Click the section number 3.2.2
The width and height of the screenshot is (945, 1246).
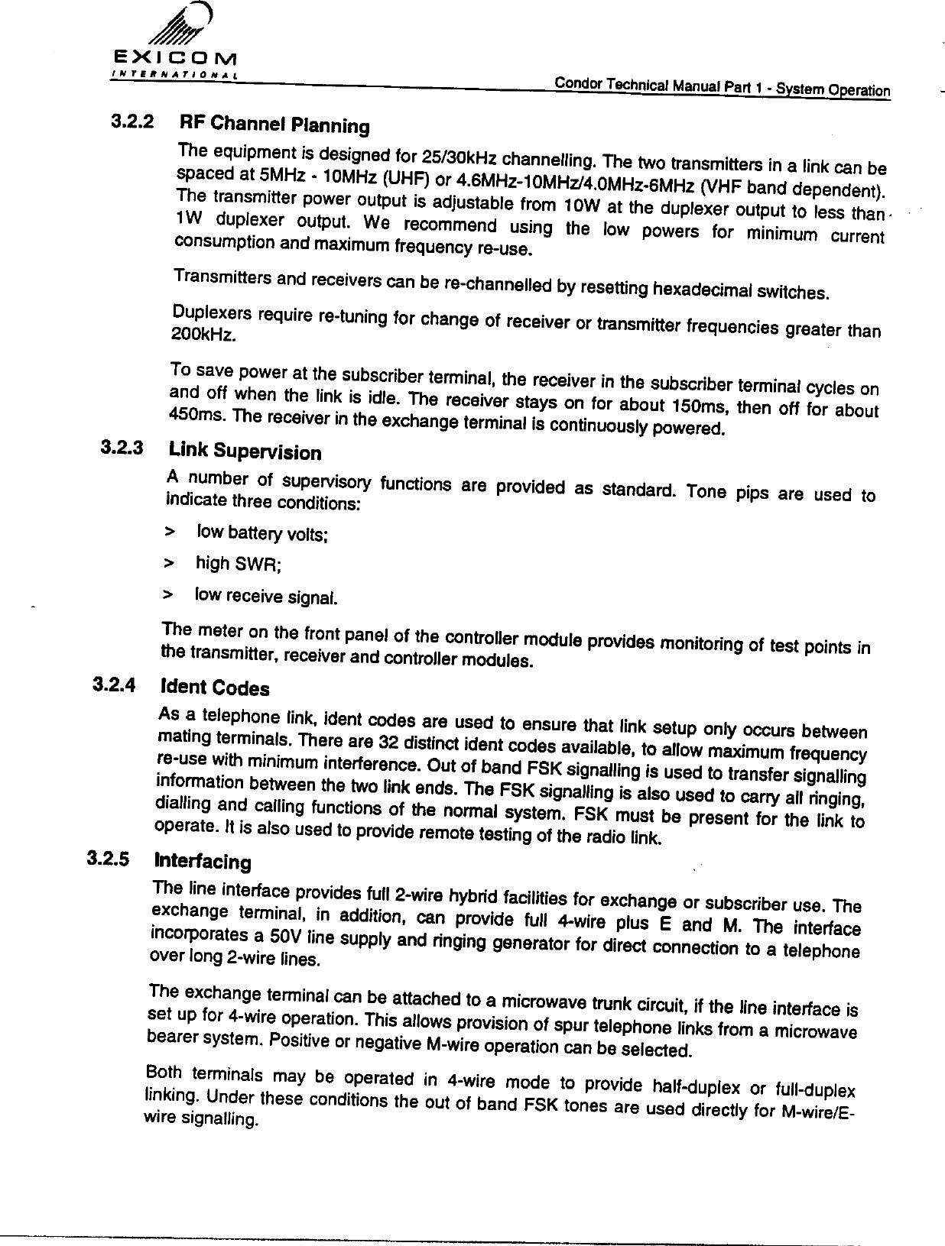coord(132,120)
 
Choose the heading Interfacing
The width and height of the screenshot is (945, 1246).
coord(203,861)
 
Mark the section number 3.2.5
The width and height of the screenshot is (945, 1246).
coord(108,857)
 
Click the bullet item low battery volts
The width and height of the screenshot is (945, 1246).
coord(262,533)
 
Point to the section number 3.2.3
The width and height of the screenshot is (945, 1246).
coord(122,446)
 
